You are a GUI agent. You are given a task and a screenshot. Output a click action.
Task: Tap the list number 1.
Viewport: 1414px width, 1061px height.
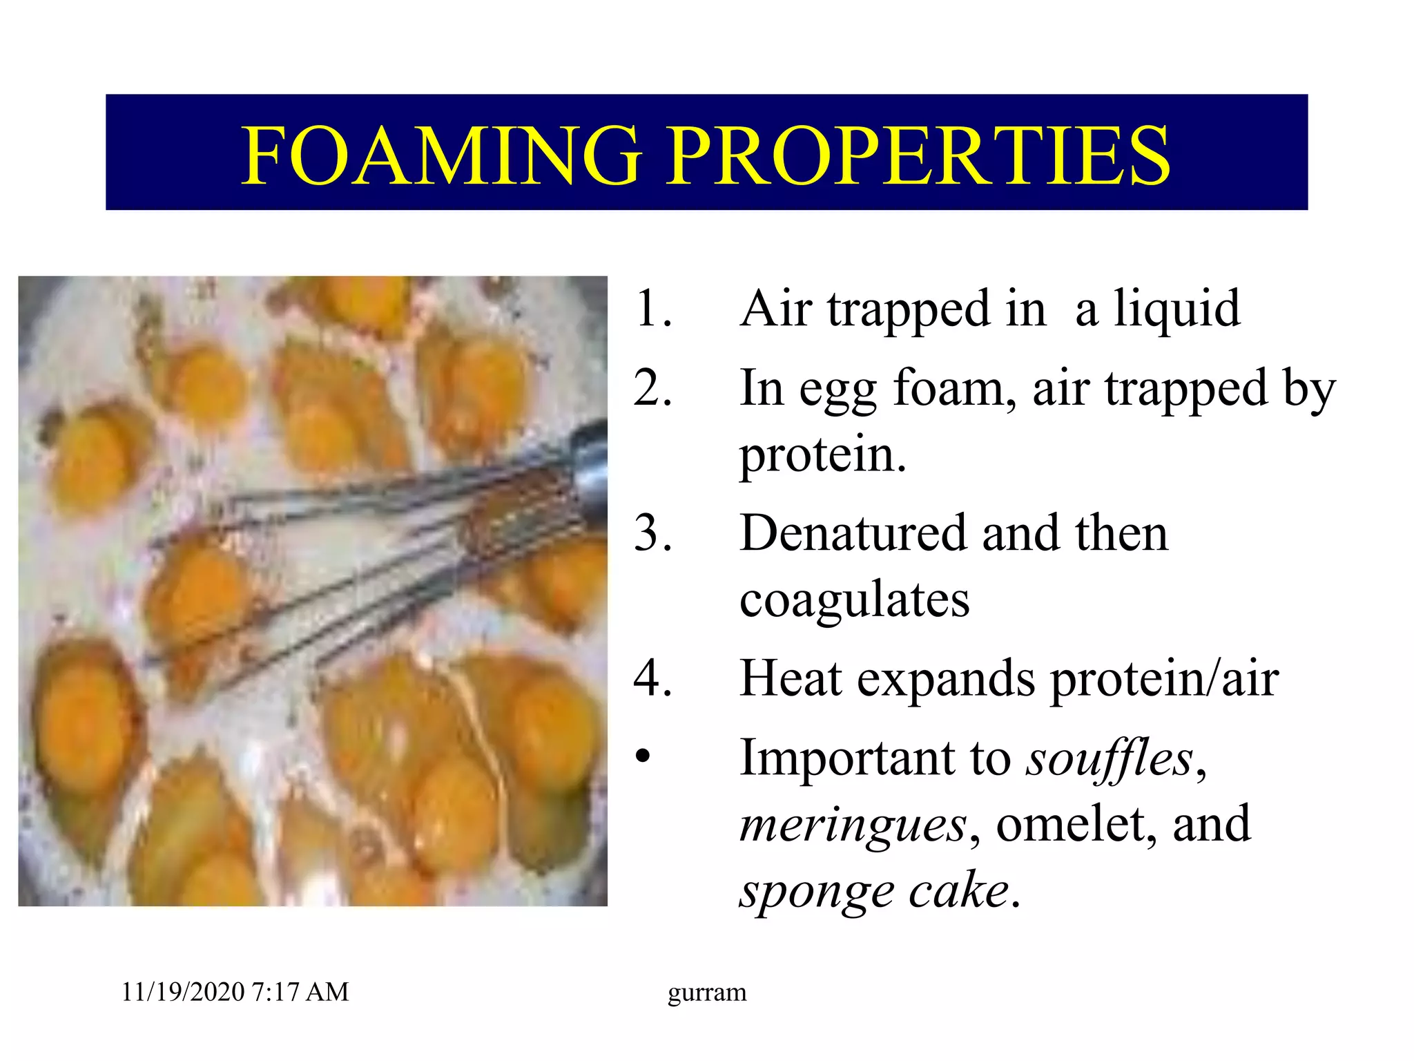coord(652,309)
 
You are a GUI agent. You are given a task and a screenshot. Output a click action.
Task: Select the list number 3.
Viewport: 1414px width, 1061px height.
coord(652,534)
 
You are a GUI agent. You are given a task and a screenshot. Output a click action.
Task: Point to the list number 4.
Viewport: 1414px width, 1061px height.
coord(652,679)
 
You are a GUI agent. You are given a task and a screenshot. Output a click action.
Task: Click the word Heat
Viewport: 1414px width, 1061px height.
coord(791,679)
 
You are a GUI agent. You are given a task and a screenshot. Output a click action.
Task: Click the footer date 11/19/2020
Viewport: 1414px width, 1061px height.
coord(183,993)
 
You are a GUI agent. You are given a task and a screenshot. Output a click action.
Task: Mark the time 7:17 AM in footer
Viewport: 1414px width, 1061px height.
coord(301,993)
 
